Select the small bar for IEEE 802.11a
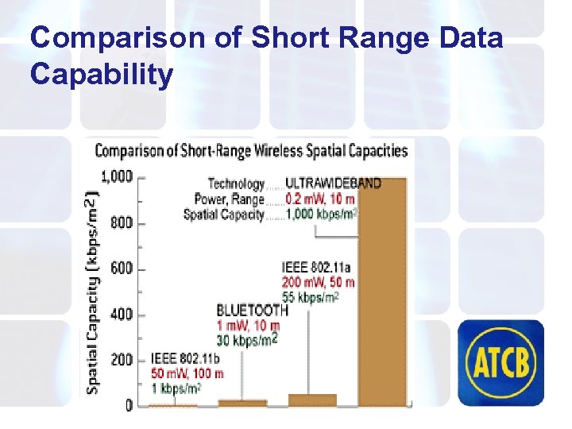click(x=312, y=400)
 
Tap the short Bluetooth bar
click(x=242, y=403)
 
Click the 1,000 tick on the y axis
click(x=117, y=176)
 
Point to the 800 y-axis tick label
click(x=122, y=222)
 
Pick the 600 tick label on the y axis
click(x=122, y=269)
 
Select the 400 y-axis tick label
click(x=122, y=315)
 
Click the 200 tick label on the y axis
click(x=122, y=360)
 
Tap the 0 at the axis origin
click(x=128, y=405)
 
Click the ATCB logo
click(x=504, y=361)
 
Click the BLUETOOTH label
click(x=252, y=311)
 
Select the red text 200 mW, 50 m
click(x=318, y=282)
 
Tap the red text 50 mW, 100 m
click(x=187, y=373)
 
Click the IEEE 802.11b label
click(x=186, y=359)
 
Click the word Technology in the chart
click(x=236, y=184)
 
